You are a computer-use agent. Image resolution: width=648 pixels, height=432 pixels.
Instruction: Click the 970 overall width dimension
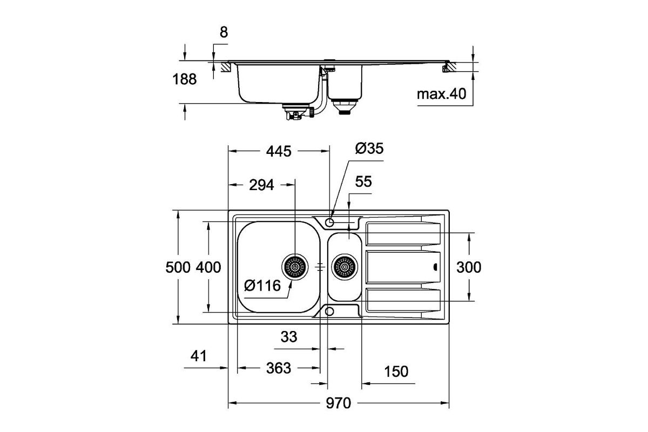tap(338, 403)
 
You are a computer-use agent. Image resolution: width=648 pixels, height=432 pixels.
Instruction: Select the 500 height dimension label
tap(178, 267)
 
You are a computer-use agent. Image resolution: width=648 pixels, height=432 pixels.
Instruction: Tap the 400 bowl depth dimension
tap(208, 267)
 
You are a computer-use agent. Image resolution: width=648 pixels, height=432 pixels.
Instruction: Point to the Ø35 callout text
tap(369, 148)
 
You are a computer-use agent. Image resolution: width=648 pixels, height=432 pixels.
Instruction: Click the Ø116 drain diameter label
tap(262, 286)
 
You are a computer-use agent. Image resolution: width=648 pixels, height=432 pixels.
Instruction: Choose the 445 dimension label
tap(279, 151)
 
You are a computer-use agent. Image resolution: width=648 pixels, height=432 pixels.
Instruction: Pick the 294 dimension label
tap(261, 185)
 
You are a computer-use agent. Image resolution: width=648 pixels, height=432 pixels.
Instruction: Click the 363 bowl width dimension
tap(279, 368)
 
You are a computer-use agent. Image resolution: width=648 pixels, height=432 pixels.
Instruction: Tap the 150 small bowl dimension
tap(396, 372)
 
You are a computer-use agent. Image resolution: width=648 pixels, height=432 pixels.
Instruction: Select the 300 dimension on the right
tap(469, 267)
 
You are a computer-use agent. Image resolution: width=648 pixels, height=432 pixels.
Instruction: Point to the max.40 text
tap(442, 94)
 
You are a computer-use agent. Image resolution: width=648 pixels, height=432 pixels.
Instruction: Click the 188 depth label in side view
tap(185, 79)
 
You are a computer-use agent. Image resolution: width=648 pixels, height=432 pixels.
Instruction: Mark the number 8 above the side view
tap(224, 32)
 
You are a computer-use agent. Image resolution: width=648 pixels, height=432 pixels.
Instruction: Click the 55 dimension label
tap(363, 182)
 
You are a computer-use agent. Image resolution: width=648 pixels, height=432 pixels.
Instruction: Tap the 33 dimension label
tap(289, 337)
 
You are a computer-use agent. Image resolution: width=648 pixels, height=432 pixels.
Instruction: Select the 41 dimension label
tap(199, 356)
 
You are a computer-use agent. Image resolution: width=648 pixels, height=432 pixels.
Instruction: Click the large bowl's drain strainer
tap(295, 267)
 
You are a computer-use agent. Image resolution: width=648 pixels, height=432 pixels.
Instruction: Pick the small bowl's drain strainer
tap(345, 267)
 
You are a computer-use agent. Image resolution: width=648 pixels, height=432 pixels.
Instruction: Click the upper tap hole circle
tap(329, 222)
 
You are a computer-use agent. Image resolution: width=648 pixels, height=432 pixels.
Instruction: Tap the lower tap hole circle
tap(329, 312)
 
